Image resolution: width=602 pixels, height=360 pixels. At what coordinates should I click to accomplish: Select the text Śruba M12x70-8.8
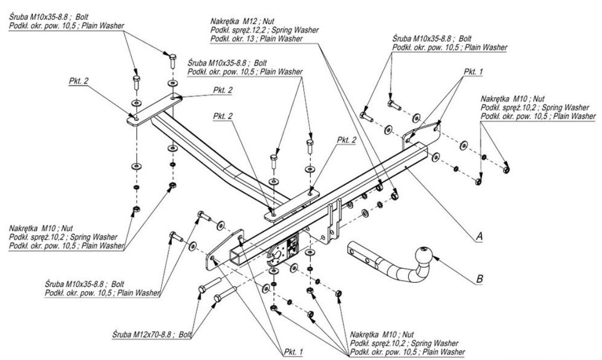coord(141,332)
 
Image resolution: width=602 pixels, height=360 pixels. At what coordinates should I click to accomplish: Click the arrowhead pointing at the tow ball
coord(432,258)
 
